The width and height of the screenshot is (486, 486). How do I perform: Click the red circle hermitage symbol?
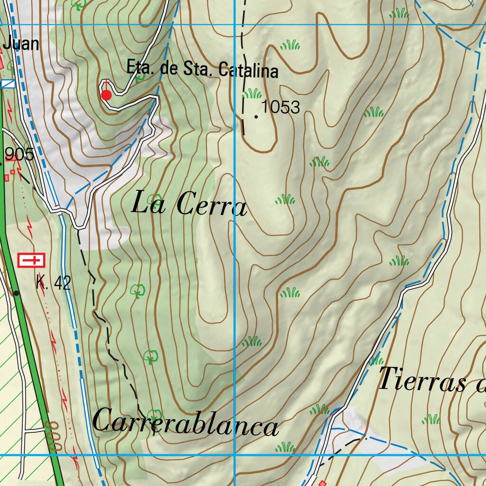click(x=106, y=95)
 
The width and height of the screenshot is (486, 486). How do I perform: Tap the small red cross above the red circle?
click(x=106, y=84)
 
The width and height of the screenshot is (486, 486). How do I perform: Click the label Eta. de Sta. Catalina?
click(x=202, y=69)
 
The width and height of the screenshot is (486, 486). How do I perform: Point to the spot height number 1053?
click(x=281, y=107)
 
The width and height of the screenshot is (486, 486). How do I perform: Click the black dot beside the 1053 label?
click(x=256, y=116)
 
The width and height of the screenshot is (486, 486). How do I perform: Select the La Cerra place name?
click(x=189, y=205)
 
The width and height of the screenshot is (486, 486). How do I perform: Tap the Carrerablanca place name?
click(x=185, y=423)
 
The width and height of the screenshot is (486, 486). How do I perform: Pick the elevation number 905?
click(x=19, y=154)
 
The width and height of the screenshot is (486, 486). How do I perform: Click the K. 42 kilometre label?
click(x=53, y=283)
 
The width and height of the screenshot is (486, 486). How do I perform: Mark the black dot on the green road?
click(x=17, y=293)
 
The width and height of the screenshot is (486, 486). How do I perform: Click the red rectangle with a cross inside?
click(x=31, y=260)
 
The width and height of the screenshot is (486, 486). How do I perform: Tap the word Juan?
click(x=21, y=44)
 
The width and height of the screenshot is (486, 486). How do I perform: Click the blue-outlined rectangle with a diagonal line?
click(x=8, y=84)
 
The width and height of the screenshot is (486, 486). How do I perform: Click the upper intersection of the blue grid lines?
click(x=235, y=24)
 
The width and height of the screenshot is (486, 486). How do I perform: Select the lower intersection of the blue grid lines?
click(x=235, y=455)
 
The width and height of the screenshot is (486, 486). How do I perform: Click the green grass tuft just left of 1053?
click(x=252, y=93)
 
